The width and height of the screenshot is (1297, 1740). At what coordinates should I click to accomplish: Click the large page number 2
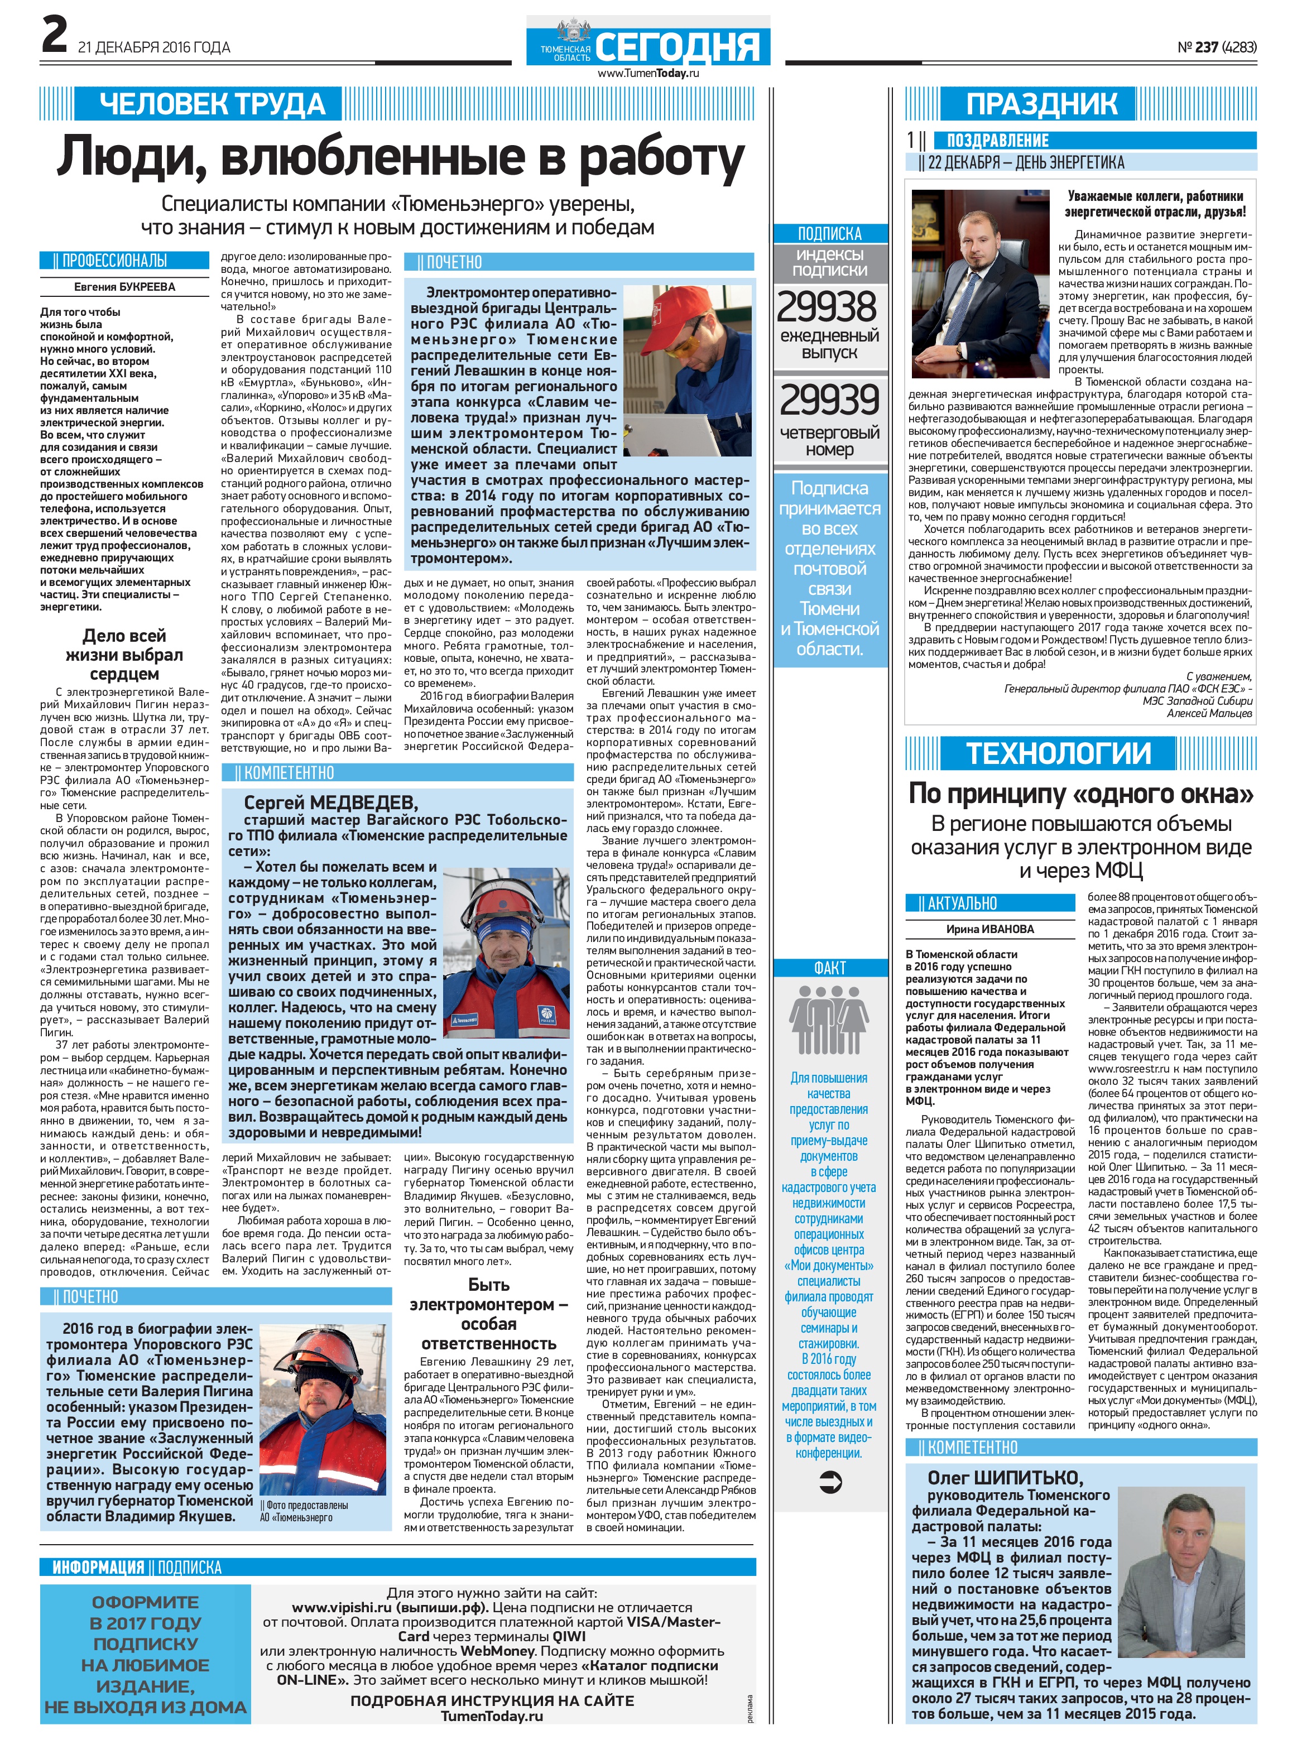[x=54, y=36]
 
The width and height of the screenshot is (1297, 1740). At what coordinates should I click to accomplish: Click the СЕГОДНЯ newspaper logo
[x=678, y=46]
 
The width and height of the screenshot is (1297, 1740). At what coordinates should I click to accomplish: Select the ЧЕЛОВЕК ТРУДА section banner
[x=212, y=104]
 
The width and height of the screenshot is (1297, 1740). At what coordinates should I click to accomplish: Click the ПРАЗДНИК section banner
[x=1041, y=104]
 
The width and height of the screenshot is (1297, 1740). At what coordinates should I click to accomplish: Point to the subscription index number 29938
[x=828, y=307]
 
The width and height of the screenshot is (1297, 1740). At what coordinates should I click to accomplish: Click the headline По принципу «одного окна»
[x=1080, y=794]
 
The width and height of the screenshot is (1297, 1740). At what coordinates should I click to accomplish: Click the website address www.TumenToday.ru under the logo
[x=648, y=73]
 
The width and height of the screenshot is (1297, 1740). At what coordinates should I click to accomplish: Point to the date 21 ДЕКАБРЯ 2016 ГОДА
[x=154, y=48]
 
